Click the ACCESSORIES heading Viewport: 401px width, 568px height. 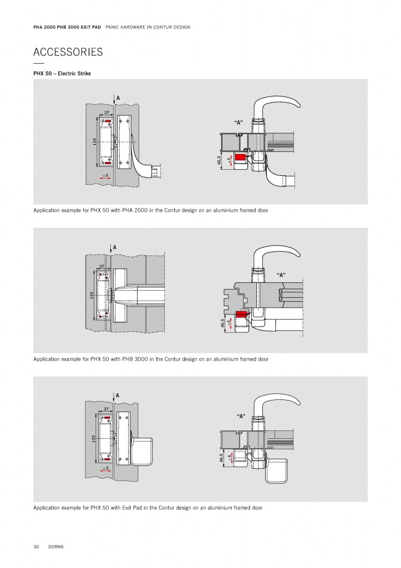(x=68, y=52)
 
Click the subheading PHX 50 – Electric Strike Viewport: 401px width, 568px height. (x=62, y=74)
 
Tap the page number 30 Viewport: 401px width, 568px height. (x=36, y=546)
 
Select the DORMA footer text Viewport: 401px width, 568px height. (x=56, y=546)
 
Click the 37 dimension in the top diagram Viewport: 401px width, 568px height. (x=106, y=113)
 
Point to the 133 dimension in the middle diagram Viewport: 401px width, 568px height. (x=92, y=296)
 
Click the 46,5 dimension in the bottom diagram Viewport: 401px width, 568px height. (x=221, y=458)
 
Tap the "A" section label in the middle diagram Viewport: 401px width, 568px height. (x=281, y=275)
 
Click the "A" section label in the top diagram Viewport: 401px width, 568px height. (x=238, y=123)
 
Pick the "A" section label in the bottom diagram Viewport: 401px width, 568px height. (x=241, y=416)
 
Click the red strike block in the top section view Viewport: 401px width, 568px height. (x=240, y=157)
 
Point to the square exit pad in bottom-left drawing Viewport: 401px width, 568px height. (x=141, y=452)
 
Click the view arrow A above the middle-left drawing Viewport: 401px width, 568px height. (x=111, y=248)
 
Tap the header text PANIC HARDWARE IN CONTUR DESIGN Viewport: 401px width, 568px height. (x=148, y=27)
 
